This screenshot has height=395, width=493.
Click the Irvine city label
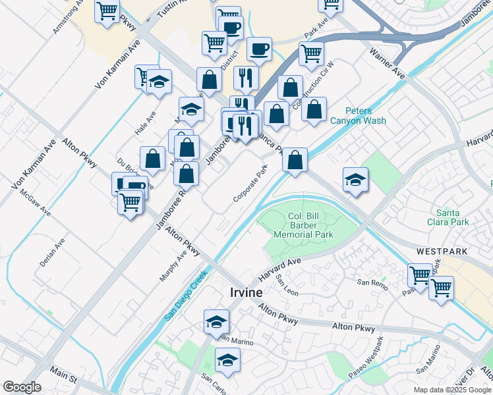(246, 292)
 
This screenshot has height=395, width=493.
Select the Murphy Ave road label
(173, 265)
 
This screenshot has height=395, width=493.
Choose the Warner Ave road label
(387, 63)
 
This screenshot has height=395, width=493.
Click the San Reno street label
(372, 282)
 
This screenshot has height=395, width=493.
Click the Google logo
(22, 387)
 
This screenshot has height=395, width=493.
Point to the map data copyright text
(451, 390)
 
